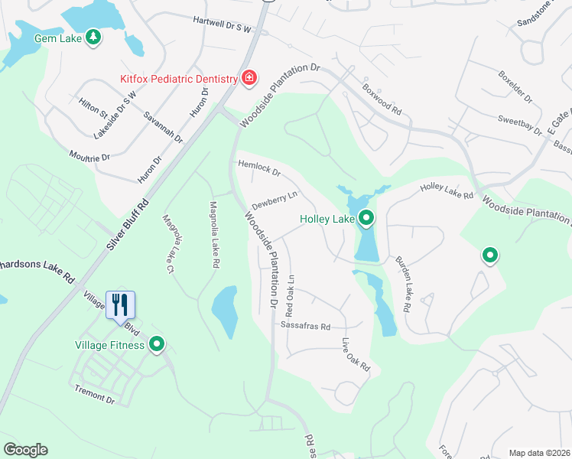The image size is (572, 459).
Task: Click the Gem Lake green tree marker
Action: [x=93, y=37]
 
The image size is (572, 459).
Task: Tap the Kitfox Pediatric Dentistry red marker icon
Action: [x=249, y=78]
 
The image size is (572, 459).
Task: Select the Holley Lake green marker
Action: [x=366, y=220]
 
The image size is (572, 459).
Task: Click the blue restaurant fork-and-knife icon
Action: [x=121, y=304]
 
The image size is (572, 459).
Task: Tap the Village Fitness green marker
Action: [x=158, y=345]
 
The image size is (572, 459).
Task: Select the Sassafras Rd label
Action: [x=305, y=326]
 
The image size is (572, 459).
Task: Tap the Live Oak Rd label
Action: [x=356, y=355]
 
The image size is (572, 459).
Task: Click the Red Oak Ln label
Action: [x=290, y=296]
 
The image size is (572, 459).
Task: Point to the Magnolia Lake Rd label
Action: [x=215, y=234]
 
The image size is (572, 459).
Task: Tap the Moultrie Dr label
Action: [x=89, y=156]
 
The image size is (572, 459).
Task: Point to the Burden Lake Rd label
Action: [x=403, y=282]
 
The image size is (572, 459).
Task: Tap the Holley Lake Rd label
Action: [x=447, y=191]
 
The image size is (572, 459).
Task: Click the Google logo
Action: [x=25, y=449]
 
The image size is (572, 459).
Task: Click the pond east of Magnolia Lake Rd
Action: [x=223, y=310]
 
